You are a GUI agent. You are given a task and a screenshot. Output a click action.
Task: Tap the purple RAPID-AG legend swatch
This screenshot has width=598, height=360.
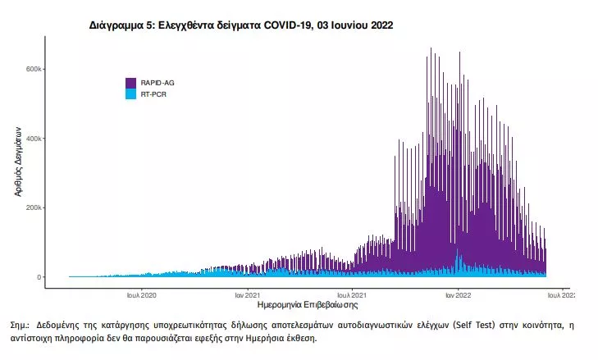coord(130,83)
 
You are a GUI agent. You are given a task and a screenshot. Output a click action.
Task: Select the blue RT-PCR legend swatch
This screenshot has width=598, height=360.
coord(130,94)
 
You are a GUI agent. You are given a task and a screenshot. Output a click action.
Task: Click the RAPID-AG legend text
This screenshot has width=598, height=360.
coord(157,83)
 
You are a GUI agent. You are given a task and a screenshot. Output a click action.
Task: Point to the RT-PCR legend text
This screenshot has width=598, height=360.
coord(153,94)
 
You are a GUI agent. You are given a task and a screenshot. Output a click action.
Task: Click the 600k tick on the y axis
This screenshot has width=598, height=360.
coord(34,69)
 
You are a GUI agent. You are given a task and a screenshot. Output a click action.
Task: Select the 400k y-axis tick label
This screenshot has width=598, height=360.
coord(34,139)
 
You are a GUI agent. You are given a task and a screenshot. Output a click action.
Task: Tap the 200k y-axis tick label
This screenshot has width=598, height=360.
coord(34,207)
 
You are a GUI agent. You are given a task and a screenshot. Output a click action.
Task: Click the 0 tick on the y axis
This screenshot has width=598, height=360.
coord(39,277)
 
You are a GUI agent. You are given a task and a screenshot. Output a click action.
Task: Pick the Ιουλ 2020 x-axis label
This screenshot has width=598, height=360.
coord(141,295)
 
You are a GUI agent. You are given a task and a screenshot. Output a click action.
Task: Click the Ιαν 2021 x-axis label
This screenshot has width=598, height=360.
coord(247,295)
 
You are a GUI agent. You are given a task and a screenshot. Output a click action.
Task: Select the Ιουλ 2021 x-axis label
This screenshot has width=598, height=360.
coord(352,295)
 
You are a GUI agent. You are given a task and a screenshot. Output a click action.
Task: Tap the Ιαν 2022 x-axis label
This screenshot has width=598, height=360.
coord(458,295)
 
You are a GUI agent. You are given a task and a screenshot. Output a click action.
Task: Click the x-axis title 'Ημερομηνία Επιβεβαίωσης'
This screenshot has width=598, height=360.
coord(308,305)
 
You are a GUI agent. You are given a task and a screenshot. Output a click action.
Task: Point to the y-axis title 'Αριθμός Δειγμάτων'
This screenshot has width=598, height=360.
coord(17,162)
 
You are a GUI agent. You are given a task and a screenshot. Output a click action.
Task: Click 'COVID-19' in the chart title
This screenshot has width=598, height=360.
coord(286,25)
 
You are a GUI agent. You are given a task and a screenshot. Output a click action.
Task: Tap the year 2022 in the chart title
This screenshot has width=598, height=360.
coord(381,25)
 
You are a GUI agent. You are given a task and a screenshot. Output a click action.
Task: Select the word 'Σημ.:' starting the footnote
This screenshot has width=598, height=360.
coord(20,325)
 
